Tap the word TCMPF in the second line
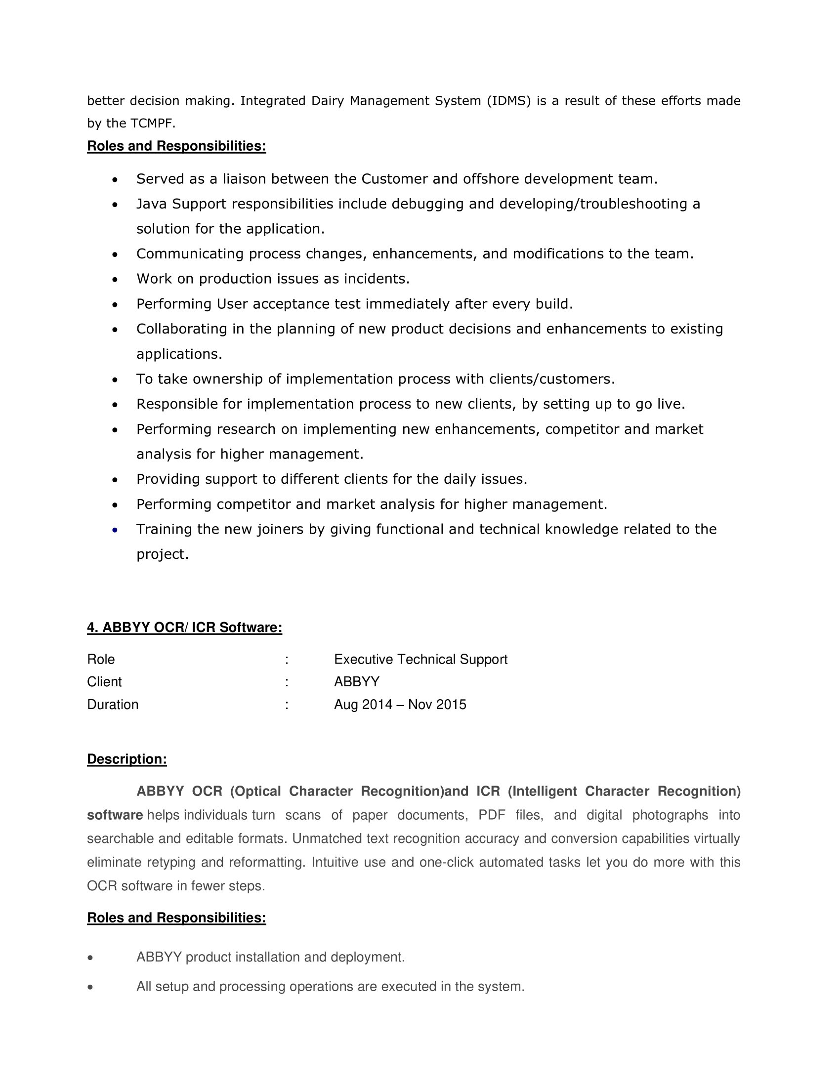[153, 124]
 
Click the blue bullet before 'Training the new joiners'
[115, 530]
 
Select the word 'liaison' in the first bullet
[244, 179]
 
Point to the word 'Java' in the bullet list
[152, 204]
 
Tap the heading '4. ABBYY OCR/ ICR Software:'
[185, 627]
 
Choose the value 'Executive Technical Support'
[420, 660]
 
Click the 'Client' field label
[104, 682]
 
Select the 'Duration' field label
[113, 705]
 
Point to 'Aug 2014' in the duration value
[363, 705]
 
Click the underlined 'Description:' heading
[127, 759]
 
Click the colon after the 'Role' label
[287, 660]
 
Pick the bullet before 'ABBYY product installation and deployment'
[90, 958]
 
